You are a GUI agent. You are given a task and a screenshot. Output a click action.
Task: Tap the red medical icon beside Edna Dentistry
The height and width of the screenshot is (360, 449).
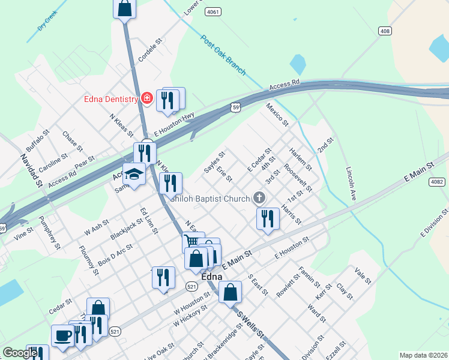coord(146,98)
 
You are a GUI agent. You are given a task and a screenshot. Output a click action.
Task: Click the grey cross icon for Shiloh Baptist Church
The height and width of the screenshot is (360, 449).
coord(259,197)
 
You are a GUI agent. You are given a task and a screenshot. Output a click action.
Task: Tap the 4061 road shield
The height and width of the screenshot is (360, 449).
coord(212,11)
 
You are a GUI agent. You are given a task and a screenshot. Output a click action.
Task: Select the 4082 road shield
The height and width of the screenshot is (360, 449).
coord(438,182)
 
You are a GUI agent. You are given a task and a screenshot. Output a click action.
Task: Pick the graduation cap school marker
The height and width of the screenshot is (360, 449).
coord(134,174)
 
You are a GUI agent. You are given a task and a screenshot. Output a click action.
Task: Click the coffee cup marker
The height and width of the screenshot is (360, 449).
coord(62,335)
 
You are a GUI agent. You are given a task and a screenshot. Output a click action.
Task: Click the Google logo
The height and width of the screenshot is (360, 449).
coord(20,353)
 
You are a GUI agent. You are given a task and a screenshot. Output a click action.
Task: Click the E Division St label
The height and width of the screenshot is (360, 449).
coord(435,224)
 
